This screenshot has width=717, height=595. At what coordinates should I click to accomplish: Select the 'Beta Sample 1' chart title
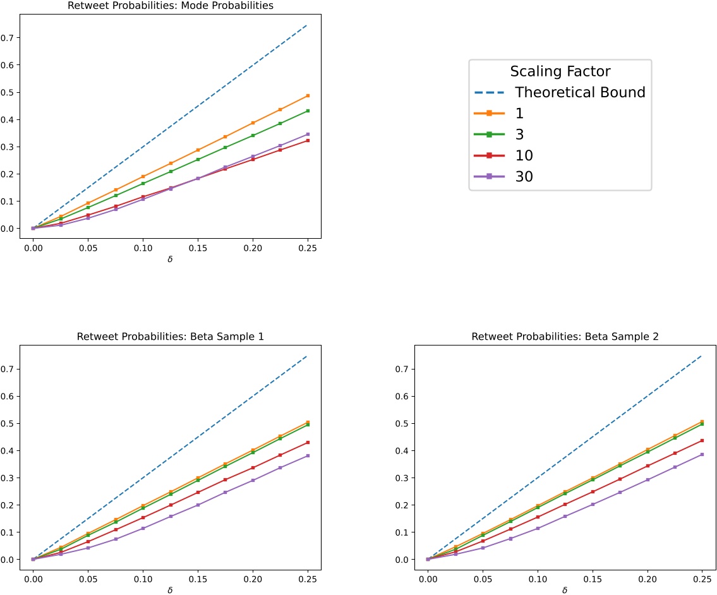(x=170, y=337)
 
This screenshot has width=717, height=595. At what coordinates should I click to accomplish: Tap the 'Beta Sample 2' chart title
(x=565, y=337)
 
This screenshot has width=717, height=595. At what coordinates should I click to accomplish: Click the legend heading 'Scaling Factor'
(x=560, y=71)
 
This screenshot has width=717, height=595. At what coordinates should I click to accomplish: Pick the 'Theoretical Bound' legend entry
(x=580, y=92)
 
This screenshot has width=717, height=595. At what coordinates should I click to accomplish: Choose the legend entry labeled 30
(x=524, y=177)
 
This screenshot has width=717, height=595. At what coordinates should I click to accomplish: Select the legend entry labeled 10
(x=524, y=156)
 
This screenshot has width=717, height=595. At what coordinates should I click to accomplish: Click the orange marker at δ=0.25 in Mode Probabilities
(x=308, y=95)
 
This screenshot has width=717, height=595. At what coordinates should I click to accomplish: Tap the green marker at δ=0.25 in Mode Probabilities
(x=308, y=111)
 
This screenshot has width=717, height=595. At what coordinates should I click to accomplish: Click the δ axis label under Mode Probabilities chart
(x=170, y=257)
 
